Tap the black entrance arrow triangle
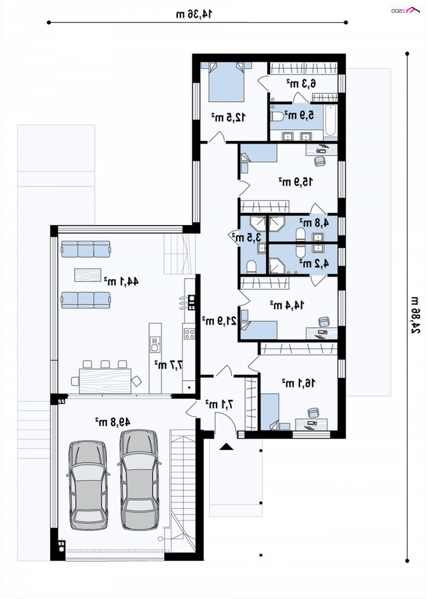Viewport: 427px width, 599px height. click(x=226, y=446)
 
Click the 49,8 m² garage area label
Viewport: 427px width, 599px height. click(x=113, y=422)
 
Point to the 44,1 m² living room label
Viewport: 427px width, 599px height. click(x=121, y=282)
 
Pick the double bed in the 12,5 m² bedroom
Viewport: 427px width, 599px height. click(x=226, y=82)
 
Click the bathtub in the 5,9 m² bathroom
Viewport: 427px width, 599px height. click(x=330, y=121)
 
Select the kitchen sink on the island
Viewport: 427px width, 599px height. click(x=155, y=344)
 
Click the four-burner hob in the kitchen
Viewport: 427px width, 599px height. click(x=189, y=334)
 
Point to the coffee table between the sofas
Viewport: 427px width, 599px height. click(x=88, y=275)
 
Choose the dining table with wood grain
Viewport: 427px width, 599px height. click(x=105, y=380)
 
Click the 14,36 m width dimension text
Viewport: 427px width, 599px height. click(x=194, y=14)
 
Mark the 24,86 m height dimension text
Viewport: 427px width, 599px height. click(x=416, y=315)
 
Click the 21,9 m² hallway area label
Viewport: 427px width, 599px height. click(x=219, y=321)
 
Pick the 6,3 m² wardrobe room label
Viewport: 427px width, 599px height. click(x=301, y=83)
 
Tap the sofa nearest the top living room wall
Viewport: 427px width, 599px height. click(x=85, y=249)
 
